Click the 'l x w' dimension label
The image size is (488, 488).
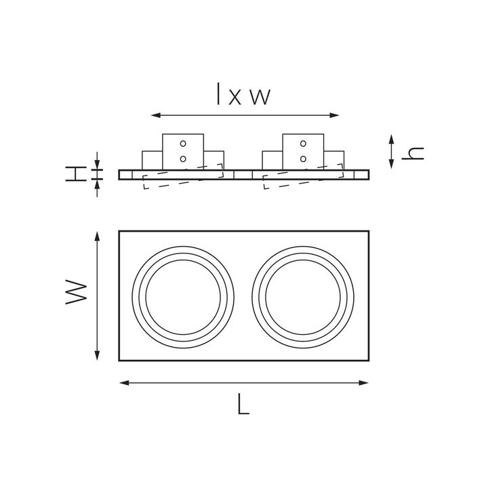click(x=243, y=94)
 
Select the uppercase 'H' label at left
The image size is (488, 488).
click(x=75, y=174)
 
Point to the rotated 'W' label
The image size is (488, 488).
click(x=77, y=293)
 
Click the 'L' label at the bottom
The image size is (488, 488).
click(x=244, y=405)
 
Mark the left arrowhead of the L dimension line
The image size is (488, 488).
click(x=123, y=383)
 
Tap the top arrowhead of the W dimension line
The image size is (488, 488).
click(x=99, y=235)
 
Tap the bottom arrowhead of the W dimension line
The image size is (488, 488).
click(x=99, y=357)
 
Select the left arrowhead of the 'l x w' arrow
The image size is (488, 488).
click(x=153, y=115)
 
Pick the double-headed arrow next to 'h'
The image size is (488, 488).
click(x=392, y=152)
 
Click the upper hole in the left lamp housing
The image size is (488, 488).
click(x=182, y=143)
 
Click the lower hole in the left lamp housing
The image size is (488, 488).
click(x=182, y=158)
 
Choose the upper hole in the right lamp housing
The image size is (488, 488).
click(x=303, y=143)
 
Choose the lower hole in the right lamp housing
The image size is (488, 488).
click(x=303, y=158)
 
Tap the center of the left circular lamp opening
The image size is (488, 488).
click(x=184, y=296)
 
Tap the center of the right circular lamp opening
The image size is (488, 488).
click(x=304, y=296)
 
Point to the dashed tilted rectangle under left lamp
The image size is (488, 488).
click(x=183, y=176)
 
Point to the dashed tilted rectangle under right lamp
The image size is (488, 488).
click(x=303, y=176)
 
